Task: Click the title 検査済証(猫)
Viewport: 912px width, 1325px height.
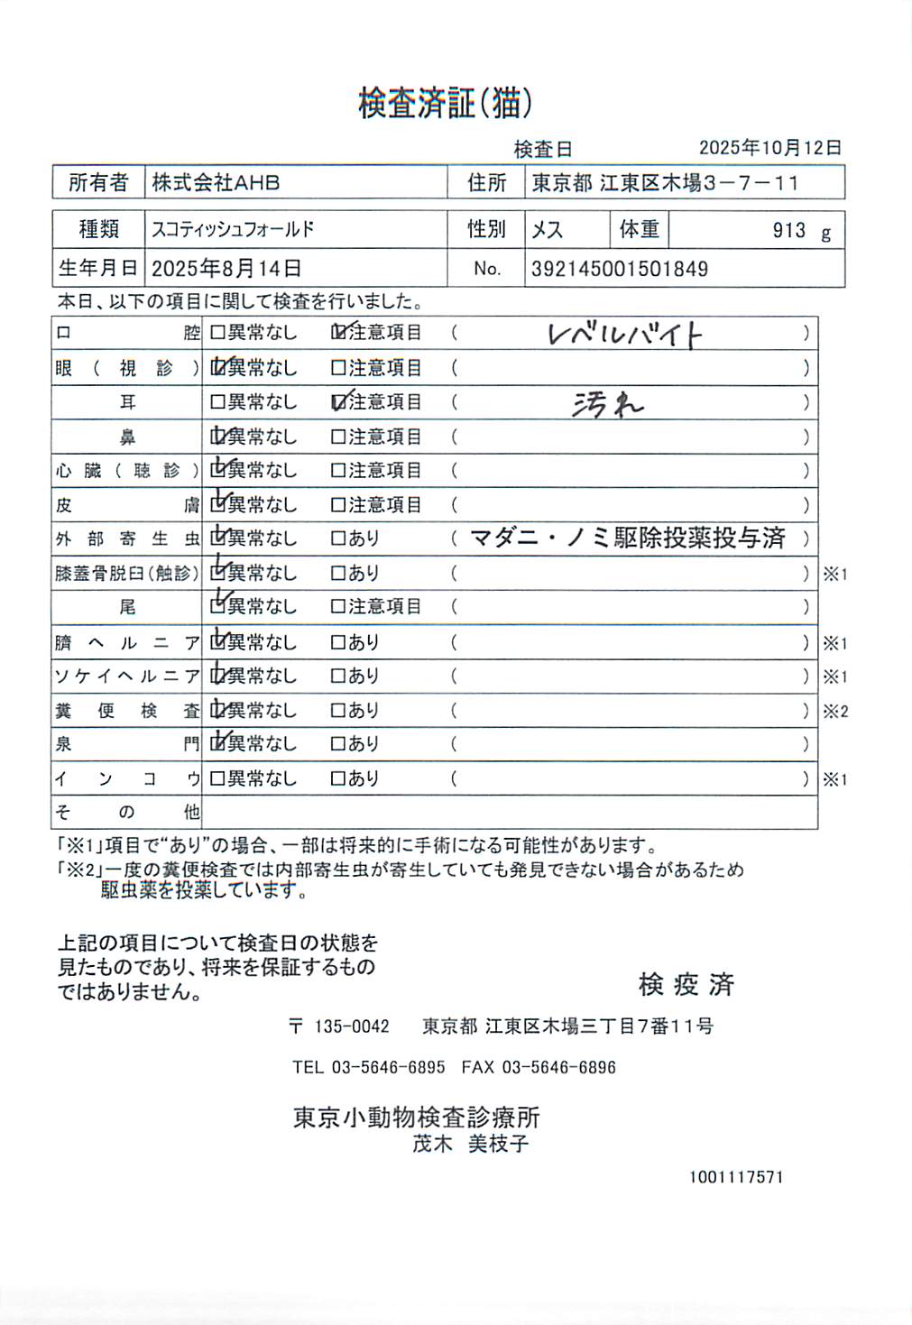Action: (x=445, y=104)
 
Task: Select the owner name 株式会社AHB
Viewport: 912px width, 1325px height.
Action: (x=216, y=183)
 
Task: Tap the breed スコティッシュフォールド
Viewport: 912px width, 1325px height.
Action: (x=233, y=230)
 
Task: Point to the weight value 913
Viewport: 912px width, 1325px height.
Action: (x=788, y=231)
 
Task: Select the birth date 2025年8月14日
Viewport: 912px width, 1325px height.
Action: (x=226, y=269)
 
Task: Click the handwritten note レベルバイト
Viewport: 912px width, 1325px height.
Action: (x=624, y=335)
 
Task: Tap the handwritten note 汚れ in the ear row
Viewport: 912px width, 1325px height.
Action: (x=608, y=404)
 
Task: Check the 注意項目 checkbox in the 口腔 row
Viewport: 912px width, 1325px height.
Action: (x=338, y=333)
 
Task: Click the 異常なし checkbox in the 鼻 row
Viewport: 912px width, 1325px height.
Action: (x=217, y=437)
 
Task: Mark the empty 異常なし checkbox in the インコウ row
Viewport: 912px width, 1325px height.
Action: (x=217, y=778)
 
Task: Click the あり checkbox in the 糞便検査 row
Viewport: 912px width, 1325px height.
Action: (x=338, y=711)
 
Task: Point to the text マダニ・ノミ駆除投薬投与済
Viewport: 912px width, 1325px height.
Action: (x=628, y=538)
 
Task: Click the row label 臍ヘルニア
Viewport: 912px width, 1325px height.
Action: (x=126, y=643)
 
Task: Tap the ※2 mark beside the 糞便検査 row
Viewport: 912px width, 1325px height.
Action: (x=834, y=712)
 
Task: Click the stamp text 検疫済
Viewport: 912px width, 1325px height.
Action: (x=686, y=984)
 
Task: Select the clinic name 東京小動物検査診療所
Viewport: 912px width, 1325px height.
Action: (x=416, y=1118)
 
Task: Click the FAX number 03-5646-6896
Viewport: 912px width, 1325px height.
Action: (x=558, y=1068)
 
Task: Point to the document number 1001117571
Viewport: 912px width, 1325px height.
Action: (x=736, y=1177)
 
